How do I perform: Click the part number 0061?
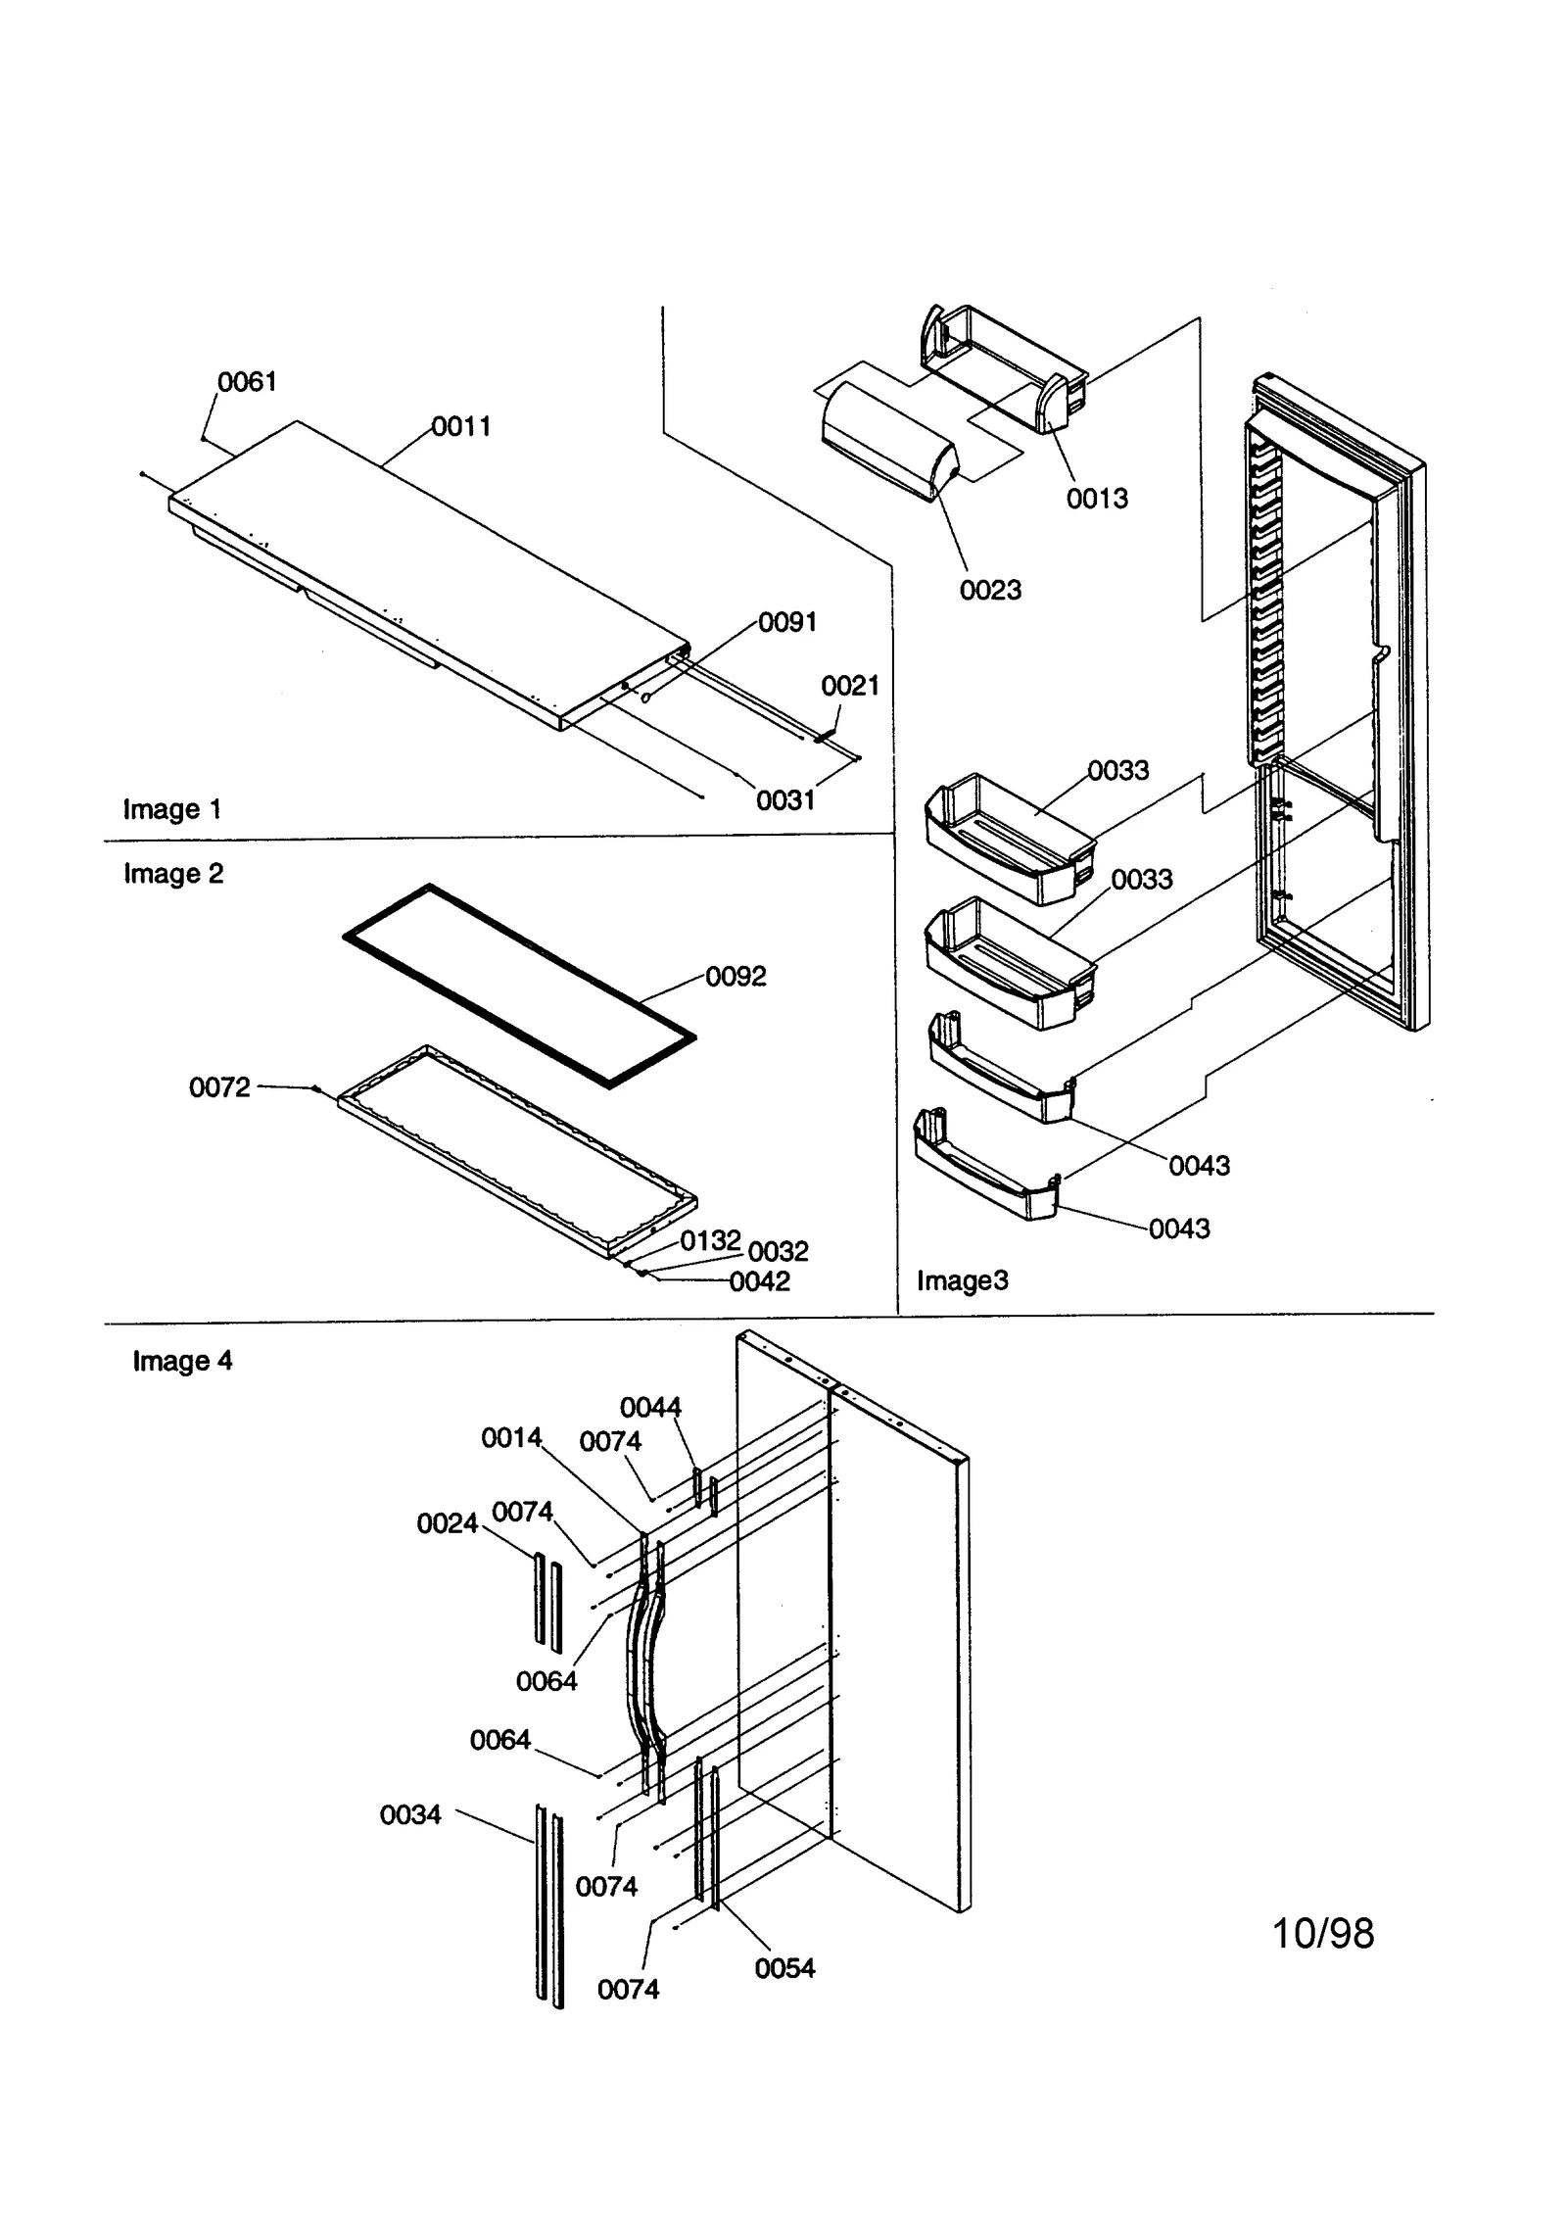tap(247, 382)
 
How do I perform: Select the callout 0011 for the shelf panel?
tap(461, 426)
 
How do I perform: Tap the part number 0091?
tap(787, 622)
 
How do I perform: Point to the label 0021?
tap(850, 686)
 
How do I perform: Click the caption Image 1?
tap(172, 809)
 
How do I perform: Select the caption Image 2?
tap(173, 873)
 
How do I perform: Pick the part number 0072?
tap(219, 1087)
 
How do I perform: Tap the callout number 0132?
tap(710, 1240)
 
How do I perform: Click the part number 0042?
tap(759, 1281)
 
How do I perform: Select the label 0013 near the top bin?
tap(1097, 499)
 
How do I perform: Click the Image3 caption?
tap(962, 1280)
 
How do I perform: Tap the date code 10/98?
tap(1322, 1934)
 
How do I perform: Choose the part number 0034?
tap(410, 1815)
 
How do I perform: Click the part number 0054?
tap(784, 1968)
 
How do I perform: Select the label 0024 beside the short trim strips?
tap(447, 1523)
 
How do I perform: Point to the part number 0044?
tap(650, 1408)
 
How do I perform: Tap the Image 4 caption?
tap(182, 1361)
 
